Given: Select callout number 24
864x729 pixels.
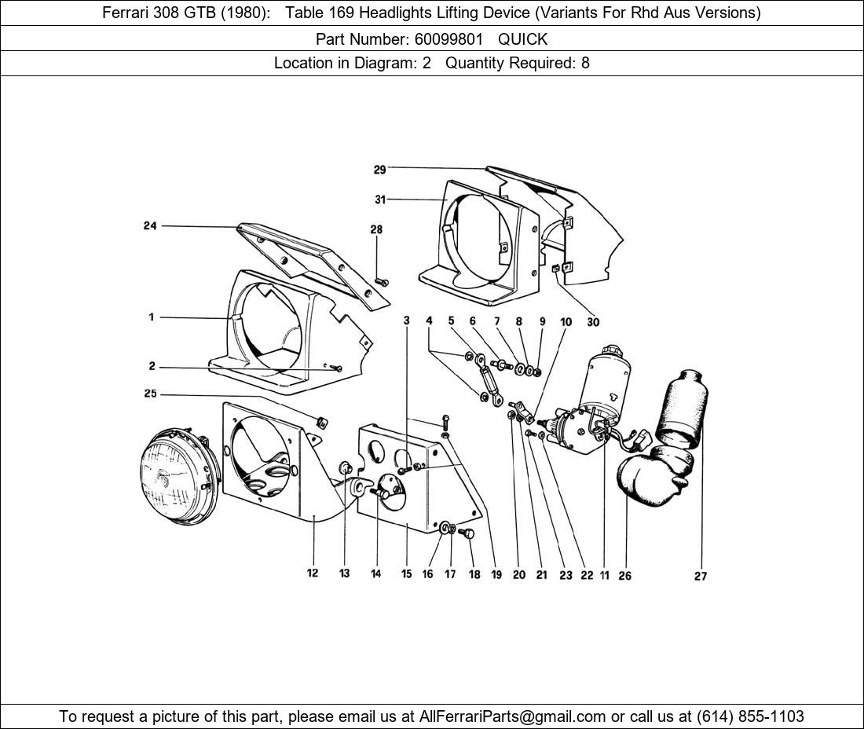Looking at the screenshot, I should coord(150,226).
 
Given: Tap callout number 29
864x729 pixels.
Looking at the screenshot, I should coord(380,170).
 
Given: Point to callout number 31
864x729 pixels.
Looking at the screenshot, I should coord(380,200).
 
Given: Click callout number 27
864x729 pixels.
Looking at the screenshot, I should coord(701,577).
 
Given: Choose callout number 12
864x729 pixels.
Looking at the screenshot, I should coord(313,573).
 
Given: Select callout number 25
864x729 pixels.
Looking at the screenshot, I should coord(150,394).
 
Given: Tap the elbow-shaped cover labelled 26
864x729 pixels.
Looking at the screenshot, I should coord(646,479).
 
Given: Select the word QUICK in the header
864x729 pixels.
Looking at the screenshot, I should coord(522,38).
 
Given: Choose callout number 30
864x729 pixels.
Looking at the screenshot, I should coord(593,322).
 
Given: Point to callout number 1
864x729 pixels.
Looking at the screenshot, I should coord(150,317).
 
